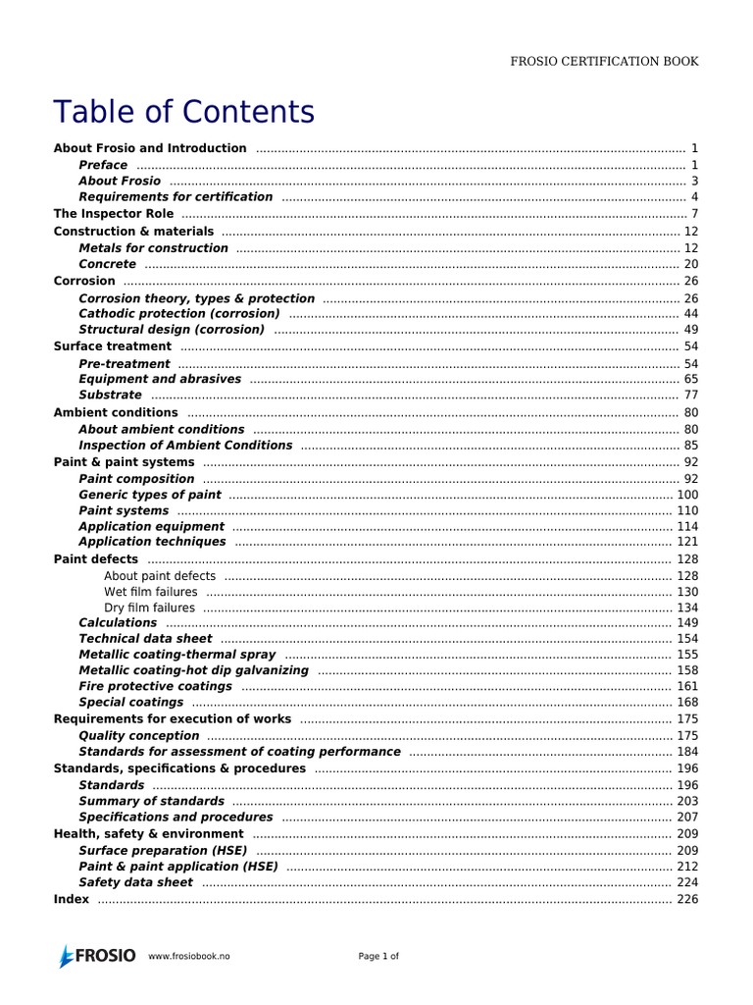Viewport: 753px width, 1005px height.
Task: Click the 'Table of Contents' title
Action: click(184, 112)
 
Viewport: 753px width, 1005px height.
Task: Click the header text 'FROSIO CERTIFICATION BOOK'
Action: click(604, 61)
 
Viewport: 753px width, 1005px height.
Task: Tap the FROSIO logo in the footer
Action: click(95, 956)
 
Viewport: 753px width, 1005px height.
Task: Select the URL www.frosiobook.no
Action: click(189, 957)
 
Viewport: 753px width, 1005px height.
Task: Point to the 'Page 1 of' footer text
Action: click(377, 957)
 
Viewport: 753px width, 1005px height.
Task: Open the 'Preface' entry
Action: click(103, 165)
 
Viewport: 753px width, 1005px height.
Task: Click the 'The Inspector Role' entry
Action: click(113, 214)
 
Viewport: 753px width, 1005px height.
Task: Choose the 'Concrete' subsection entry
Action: click(107, 264)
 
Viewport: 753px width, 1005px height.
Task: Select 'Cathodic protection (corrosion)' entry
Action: click(178, 313)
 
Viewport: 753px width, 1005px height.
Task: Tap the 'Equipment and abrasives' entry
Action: click(159, 379)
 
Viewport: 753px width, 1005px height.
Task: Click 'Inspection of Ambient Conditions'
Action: click(185, 445)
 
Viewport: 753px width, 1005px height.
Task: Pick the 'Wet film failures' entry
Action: click(150, 592)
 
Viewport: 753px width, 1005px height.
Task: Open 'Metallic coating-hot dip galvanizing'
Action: click(193, 670)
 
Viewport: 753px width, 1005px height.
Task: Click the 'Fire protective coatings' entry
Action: click(155, 686)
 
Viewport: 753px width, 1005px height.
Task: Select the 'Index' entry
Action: click(71, 899)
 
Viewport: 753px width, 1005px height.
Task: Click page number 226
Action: click(687, 899)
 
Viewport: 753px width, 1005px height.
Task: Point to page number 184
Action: click(687, 752)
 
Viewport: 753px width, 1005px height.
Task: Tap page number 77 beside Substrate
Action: click(690, 396)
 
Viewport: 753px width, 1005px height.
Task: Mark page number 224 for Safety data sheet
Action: click(687, 882)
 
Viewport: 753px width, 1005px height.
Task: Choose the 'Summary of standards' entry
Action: click(151, 801)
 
